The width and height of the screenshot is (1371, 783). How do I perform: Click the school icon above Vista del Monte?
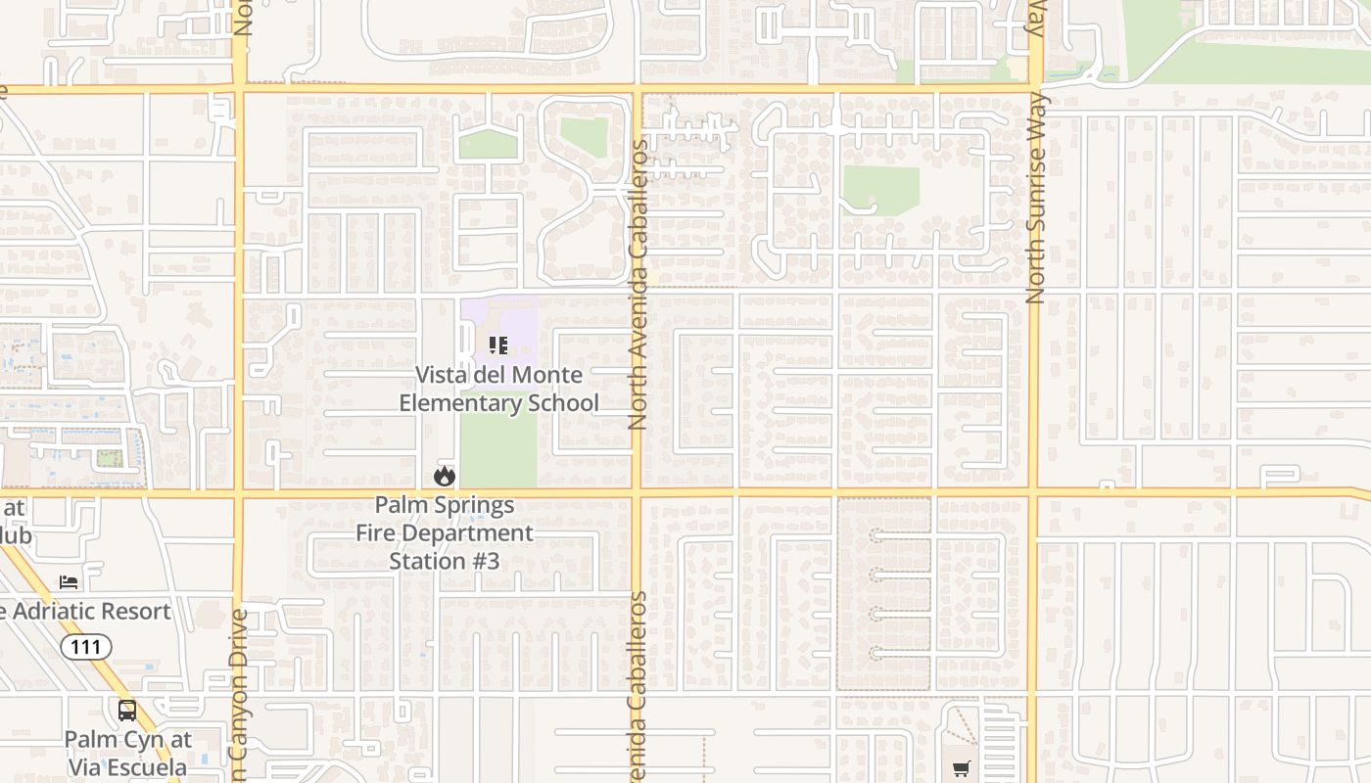[498, 345]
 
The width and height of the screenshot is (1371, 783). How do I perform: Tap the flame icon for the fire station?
[445, 477]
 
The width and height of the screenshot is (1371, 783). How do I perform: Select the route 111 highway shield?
[86, 646]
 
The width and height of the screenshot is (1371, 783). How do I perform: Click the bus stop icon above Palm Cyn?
[127, 711]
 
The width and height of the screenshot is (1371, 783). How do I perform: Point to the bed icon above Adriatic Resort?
[69, 581]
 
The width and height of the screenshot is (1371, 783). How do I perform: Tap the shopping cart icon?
[962, 768]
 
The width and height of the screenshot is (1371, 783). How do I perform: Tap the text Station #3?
[444, 561]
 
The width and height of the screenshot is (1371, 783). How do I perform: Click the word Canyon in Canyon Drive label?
[239, 706]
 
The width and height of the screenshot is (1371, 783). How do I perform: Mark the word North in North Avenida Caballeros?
[638, 404]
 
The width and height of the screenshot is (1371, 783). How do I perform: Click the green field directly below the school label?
[498, 450]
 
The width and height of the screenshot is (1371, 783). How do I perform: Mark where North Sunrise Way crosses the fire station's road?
[1033, 491]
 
